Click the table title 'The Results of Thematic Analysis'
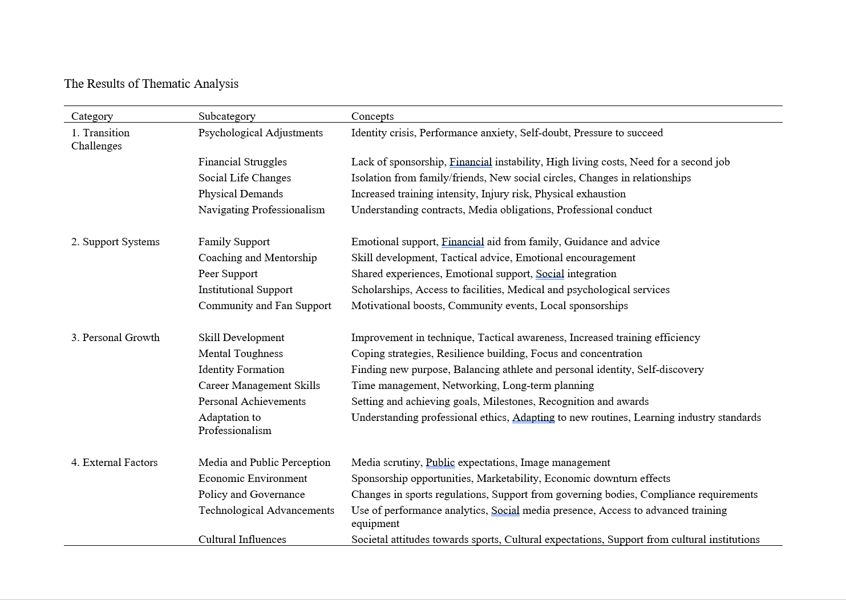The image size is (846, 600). [x=151, y=84]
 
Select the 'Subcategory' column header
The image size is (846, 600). [x=226, y=116]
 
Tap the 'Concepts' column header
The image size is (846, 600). [x=372, y=116]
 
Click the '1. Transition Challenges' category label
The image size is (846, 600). [x=100, y=139]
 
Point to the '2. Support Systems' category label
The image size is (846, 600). [x=115, y=242]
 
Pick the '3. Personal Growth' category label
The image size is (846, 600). [x=115, y=338]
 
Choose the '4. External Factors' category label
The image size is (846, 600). [x=114, y=463]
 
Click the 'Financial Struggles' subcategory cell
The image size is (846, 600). [x=242, y=162]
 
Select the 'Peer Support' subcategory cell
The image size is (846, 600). [x=228, y=274]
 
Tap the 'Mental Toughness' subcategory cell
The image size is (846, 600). [x=240, y=354]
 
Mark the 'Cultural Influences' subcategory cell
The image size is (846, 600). [x=242, y=540]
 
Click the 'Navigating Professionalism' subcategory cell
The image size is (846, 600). [x=261, y=210]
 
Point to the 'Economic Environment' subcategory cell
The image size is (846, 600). [x=252, y=479]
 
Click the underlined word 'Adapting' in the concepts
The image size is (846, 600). [x=533, y=417]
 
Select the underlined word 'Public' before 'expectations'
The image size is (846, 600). [x=440, y=463]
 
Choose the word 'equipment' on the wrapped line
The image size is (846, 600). [x=375, y=524]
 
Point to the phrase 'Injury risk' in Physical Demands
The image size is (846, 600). [x=505, y=194]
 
